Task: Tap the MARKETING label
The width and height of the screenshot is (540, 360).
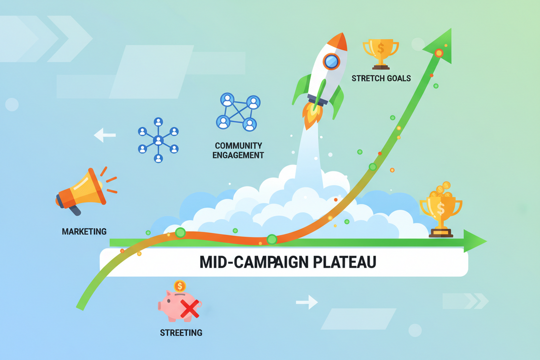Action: [84, 231]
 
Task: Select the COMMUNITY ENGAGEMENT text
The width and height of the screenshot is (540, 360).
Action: [238, 151]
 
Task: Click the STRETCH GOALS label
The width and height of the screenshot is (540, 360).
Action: [381, 79]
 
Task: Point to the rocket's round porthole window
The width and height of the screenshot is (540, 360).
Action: [331, 62]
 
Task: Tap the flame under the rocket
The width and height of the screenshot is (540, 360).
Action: [312, 114]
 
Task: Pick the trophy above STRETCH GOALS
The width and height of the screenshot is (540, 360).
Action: [380, 54]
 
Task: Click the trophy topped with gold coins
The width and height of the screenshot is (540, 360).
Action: [441, 210]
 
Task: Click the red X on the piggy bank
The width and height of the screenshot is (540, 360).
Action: [190, 308]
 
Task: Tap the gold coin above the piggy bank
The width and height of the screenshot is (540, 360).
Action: [180, 286]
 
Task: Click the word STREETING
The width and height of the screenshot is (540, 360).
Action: [181, 333]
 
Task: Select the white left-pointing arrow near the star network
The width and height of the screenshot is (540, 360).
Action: [105, 135]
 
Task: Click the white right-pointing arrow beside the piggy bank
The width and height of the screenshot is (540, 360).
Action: [307, 302]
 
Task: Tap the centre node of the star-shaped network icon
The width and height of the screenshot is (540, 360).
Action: [158, 140]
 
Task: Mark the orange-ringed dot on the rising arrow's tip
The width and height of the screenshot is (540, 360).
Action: [439, 53]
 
